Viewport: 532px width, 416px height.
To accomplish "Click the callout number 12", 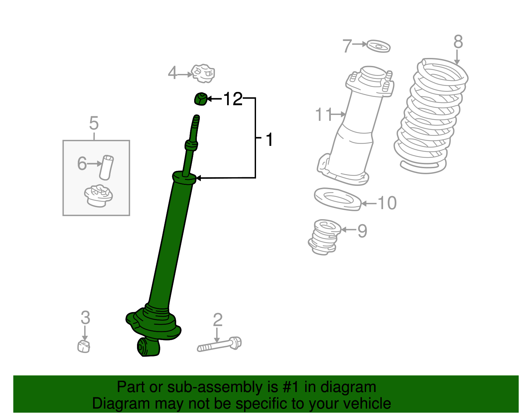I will (233, 99).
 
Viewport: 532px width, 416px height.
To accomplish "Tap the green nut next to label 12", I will (201, 99).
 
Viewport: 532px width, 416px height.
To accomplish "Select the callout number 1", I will (269, 140).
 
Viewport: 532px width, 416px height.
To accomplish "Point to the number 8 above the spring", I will (458, 42).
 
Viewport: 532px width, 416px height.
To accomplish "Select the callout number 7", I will (347, 46).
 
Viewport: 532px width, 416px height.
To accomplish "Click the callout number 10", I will (387, 203).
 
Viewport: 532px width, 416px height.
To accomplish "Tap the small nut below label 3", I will (84, 347).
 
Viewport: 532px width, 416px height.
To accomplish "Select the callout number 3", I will (85, 318).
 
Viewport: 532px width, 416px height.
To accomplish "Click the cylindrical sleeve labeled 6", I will (106, 167).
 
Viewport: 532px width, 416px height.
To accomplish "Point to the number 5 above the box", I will (94, 123).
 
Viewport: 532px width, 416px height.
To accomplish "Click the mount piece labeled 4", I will (203, 73).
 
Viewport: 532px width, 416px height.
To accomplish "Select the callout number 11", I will (324, 114).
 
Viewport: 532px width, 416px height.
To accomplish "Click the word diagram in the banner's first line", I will (348, 387).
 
